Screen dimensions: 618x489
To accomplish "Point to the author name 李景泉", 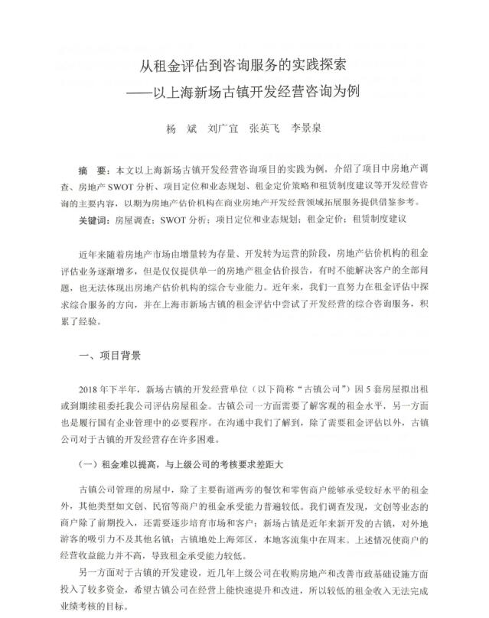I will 305,128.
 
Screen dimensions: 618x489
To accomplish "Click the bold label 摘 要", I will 93,170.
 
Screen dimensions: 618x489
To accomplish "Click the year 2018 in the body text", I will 90,389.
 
